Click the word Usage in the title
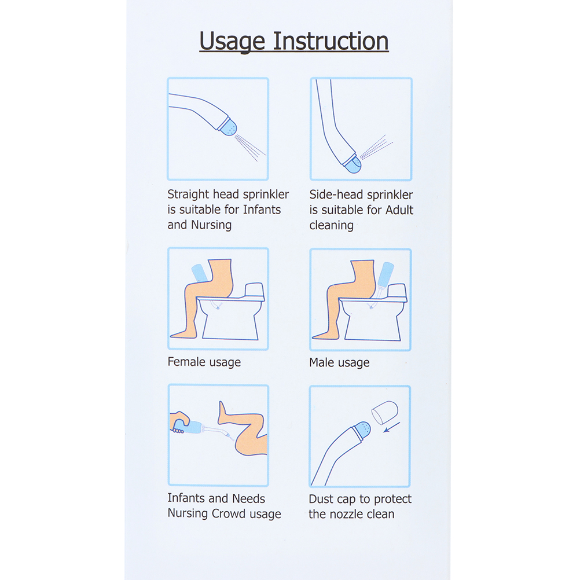pos(232,42)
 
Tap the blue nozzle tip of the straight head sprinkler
pos(228,127)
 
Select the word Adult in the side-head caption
pos(399,210)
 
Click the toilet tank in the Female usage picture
pos(255,291)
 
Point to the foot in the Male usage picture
pos(325,335)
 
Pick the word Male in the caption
pos(322,362)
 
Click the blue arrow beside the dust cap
pos(392,427)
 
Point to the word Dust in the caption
pos(321,498)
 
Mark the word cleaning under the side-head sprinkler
pos(332,225)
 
